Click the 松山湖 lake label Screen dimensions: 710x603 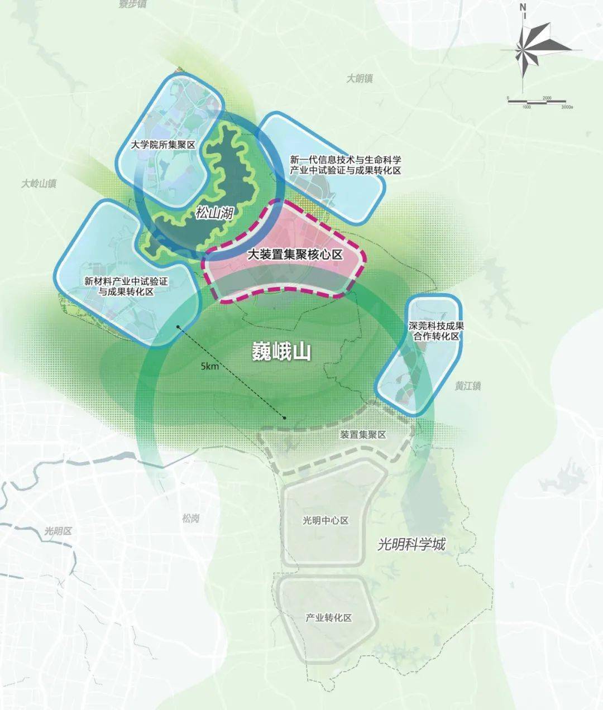click(x=214, y=213)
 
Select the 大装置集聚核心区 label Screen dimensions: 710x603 click(x=295, y=255)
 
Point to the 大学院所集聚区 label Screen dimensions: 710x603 click(x=162, y=145)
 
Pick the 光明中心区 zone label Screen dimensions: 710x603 click(x=326, y=520)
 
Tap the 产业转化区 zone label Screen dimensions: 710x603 click(x=328, y=618)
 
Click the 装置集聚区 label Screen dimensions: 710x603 click(x=363, y=434)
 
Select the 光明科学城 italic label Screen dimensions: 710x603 click(x=411, y=544)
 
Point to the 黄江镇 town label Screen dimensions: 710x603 click(x=467, y=386)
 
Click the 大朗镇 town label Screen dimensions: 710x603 click(x=359, y=79)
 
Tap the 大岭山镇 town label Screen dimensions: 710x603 click(x=39, y=183)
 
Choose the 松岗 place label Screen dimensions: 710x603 click(x=190, y=519)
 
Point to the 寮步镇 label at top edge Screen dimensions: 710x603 click(x=133, y=4)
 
